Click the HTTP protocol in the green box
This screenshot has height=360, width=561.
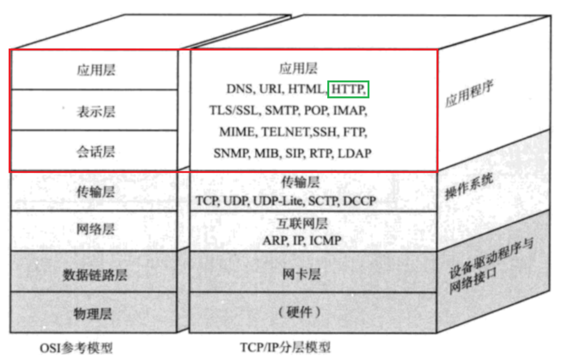click(x=348, y=89)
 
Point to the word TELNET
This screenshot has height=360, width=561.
click(x=286, y=132)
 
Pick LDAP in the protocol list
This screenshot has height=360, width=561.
click(x=355, y=153)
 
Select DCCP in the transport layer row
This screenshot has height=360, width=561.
click(x=359, y=201)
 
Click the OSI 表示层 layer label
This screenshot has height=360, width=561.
click(x=96, y=112)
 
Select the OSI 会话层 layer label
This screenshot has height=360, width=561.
click(x=96, y=152)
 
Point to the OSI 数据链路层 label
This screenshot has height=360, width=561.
click(x=95, y=275)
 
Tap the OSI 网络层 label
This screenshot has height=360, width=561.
click(x=96, y=229)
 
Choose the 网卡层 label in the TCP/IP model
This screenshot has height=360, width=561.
click(x=301, y=274)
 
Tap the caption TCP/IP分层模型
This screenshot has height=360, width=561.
click(x=285, y=347)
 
